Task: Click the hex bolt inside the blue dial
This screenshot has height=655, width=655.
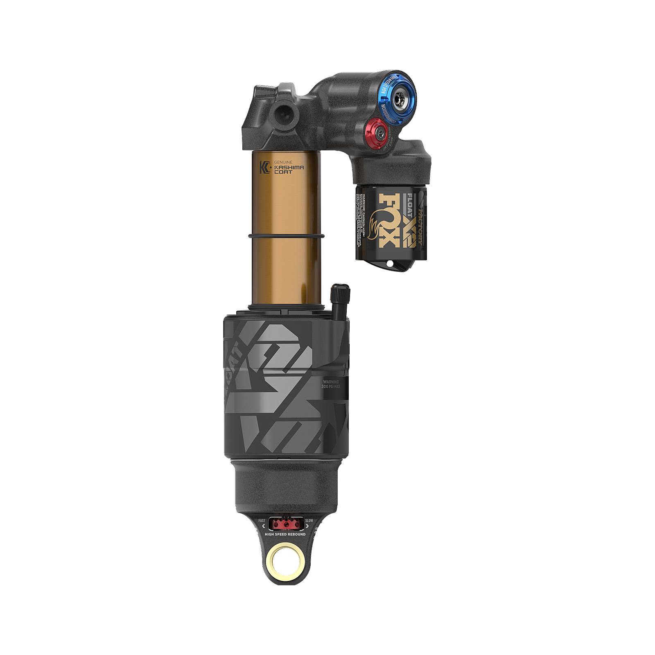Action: tap(400, 100)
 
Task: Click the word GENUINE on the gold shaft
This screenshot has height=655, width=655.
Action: tap(283, 162)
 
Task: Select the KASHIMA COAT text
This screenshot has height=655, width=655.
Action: tap(289, 169)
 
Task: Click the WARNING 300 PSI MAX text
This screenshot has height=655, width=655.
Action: tap(331, 384)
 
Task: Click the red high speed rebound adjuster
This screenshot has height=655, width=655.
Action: tap(285, 524)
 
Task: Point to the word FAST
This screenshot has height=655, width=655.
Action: tap(262, 521)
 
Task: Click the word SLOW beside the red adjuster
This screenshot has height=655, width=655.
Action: tap(309, 521)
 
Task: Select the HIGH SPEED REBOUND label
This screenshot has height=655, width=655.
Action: tap(285, 534)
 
